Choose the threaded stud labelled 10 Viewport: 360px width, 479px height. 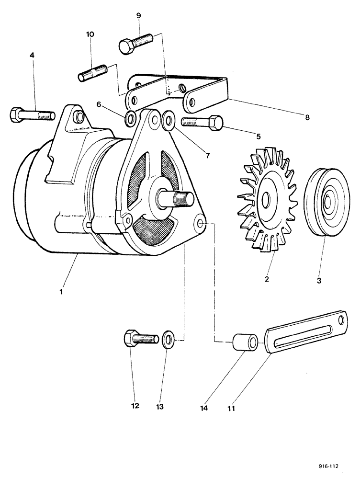pyautogui.click(x=92, y=74)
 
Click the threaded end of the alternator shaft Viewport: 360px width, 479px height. pyautogui.click(x=185, y=198)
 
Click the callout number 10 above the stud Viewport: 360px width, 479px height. pyautogui.click(x=90, y=34)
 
